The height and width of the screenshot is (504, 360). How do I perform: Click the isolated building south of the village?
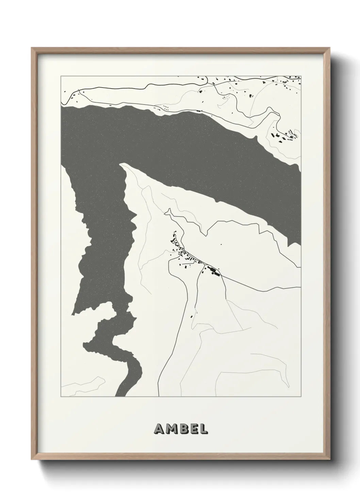pos(192,316)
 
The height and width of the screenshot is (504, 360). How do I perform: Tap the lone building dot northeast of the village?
pos(221,244)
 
